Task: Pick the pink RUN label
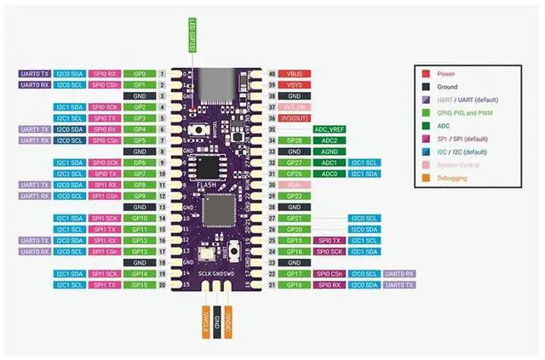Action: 295,185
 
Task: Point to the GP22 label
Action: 295,196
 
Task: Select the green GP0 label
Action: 139,74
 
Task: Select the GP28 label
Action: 295,140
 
